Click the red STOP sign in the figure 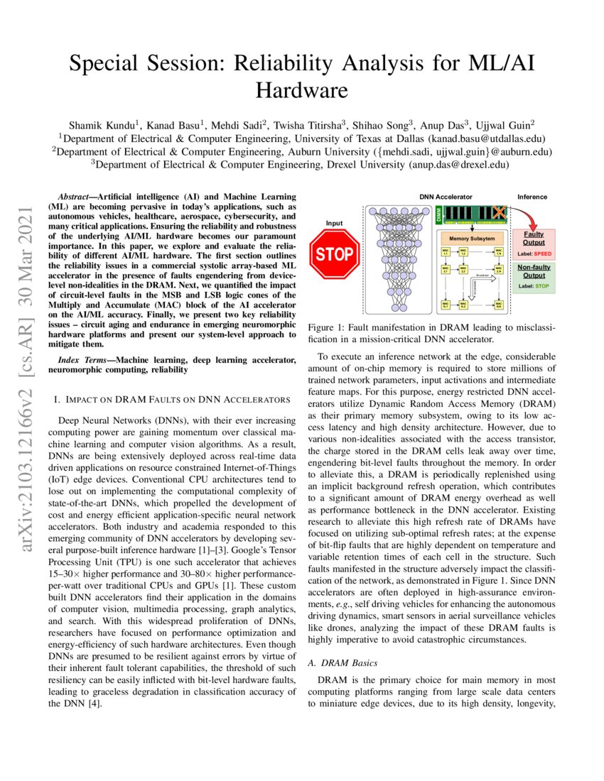[335, 253]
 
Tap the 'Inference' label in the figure [532, 196]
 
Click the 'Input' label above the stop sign [334, 223]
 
